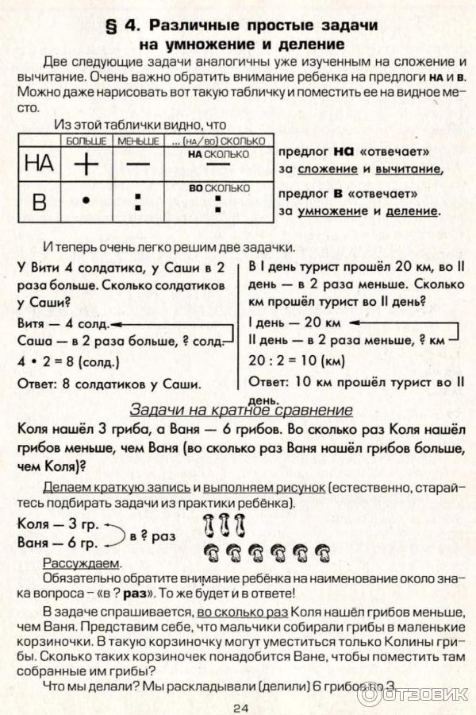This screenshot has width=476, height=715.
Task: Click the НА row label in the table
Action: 39,163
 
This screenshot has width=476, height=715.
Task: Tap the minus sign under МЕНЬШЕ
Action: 138,163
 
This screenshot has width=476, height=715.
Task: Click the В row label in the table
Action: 39,202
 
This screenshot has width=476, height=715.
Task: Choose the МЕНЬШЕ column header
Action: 138,140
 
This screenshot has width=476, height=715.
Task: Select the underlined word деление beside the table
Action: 412,211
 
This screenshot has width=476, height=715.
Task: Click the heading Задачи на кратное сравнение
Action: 240,410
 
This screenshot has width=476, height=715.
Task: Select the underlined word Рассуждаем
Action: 83,562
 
